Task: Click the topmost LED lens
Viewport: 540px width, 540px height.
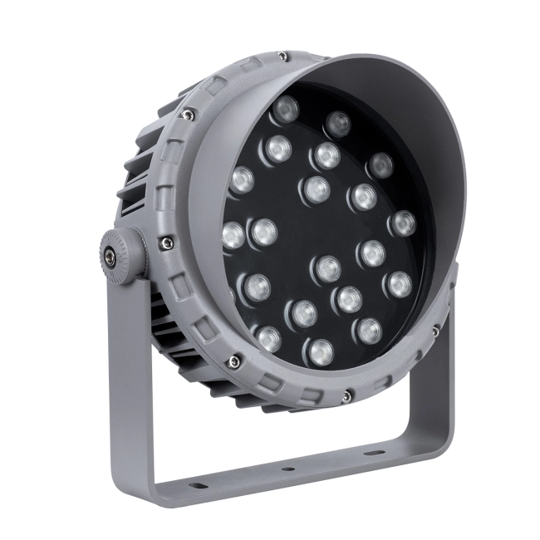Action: pos(286,108)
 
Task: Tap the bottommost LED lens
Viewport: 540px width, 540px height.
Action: pos(321,351)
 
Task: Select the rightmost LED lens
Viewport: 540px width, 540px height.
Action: pos(403,223)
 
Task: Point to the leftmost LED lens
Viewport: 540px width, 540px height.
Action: pos(233,235)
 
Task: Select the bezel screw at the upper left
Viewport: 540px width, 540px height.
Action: pos(189,115)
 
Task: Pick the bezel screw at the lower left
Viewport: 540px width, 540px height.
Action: pos(235,361)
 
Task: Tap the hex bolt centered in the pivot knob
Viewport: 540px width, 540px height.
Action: pos(110,253)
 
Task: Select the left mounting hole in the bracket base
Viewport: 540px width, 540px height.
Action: pos(198,485)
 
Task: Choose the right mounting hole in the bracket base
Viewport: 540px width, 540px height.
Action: pos(372,453)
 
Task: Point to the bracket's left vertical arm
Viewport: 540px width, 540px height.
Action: pos(129,374)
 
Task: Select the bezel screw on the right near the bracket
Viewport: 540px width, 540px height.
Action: pos(435,331)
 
